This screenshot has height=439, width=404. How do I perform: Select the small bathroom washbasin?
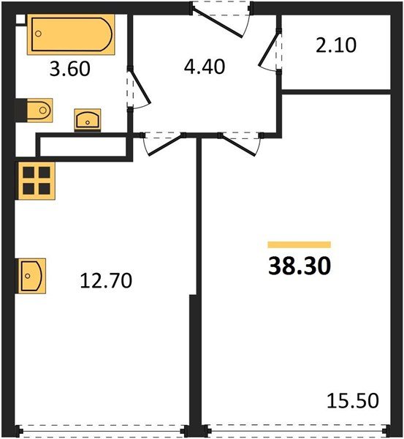[89, 119]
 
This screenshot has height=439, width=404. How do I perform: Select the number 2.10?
[337, 45]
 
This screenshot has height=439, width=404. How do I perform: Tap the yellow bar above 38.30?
[299, 244]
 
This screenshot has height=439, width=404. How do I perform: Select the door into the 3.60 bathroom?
[137, 89]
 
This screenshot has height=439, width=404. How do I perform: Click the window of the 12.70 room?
[103, 431]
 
